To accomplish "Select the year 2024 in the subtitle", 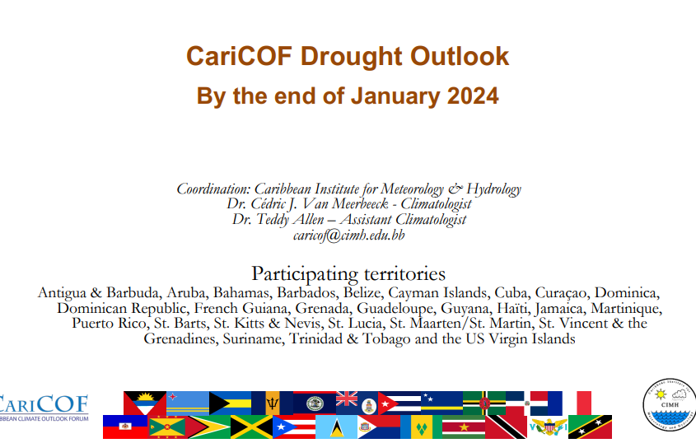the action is (473, 96).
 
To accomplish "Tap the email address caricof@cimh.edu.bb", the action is (349, 235).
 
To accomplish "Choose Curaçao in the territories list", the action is (561, 293).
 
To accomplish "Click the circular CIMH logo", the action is (670, 404).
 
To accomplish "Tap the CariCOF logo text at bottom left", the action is (44, 404).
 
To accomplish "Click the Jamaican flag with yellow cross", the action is (252, 427).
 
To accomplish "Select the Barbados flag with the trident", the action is (272, 403).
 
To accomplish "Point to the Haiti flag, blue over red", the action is (125, 427).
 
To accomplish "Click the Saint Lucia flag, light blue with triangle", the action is (336, 427).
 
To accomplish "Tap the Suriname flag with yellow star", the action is (464, 427).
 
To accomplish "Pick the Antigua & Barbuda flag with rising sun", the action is (145, 403).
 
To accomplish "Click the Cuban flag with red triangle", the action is (399, 403).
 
